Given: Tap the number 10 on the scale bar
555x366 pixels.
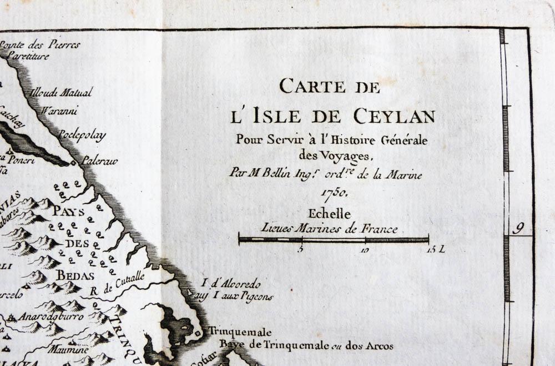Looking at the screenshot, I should [x=365, y=250].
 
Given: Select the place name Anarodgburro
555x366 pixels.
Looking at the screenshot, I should [x=51, y=317].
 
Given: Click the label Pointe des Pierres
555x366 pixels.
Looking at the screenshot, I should [x=40, y=44].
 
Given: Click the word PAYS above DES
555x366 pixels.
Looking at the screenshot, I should [x=68, y=212].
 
